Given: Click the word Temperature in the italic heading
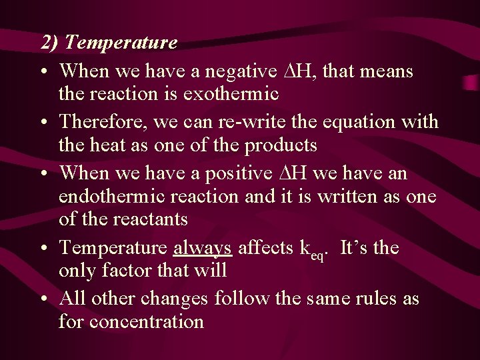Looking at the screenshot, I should point(122,43).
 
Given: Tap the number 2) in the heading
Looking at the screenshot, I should point(50,43).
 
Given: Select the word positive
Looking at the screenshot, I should point(233,173).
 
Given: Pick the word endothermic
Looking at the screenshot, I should point(111,197).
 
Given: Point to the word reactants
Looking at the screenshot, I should point(149,219).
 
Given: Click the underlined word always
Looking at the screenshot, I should point(202,249).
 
